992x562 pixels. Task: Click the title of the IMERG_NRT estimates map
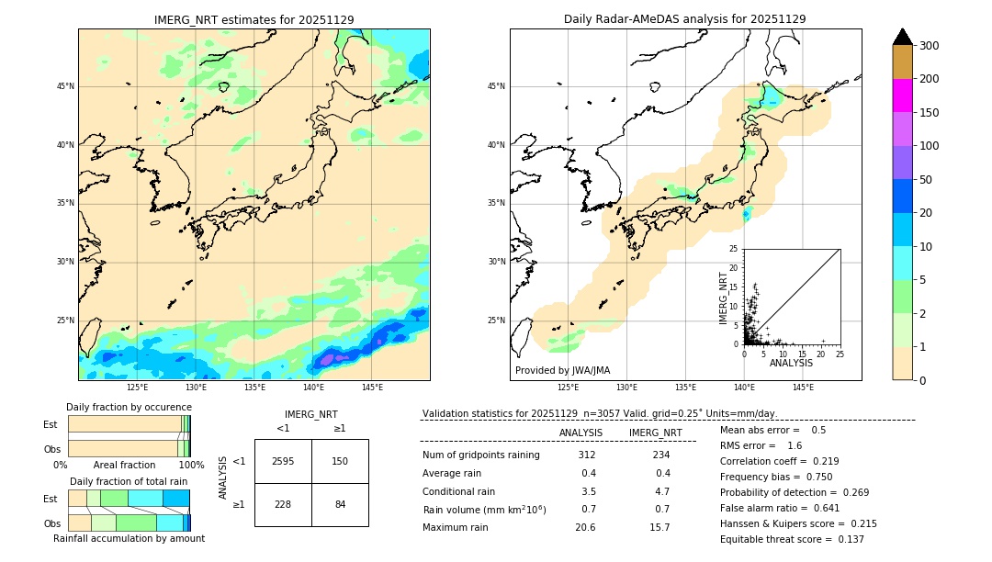pyautogui.click(x=254, y=19)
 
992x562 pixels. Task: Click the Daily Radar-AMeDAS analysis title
pyautogui.click(x=684, y=19)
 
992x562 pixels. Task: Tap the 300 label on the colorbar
pyautogui.click(x=929, y=45)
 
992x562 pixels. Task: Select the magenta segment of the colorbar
pyautogui.click(x=902, y=96)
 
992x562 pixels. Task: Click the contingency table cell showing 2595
pyautogui.click(x=283, y=461)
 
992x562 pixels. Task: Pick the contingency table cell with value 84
pyautogui.click(x=340, y=504)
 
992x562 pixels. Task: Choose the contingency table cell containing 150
pyautogui.click(x=340, y=461)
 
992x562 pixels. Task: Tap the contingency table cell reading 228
pyautogui.click(x=283, y=504)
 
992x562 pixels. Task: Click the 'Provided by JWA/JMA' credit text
pyautogui.click(x=562, y=371)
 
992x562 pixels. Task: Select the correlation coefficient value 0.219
pyautogui.click(x=825, y=462)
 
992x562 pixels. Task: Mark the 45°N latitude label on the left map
pyautogui.click(x=65, y=86)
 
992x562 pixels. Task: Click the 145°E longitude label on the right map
pyautogui.click(x=803, y=388)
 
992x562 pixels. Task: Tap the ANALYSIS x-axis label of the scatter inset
pyautogui.click(x=791, y=363)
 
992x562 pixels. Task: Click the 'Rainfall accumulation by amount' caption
pyautogui.click(x=129, y=539)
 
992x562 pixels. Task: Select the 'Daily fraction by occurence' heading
pyautogui.click(x=129, y=407)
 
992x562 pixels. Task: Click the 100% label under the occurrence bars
pyautogui.click(x=190, y=466)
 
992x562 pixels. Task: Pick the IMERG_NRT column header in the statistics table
pyautogui.click(x=655, y=433)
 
